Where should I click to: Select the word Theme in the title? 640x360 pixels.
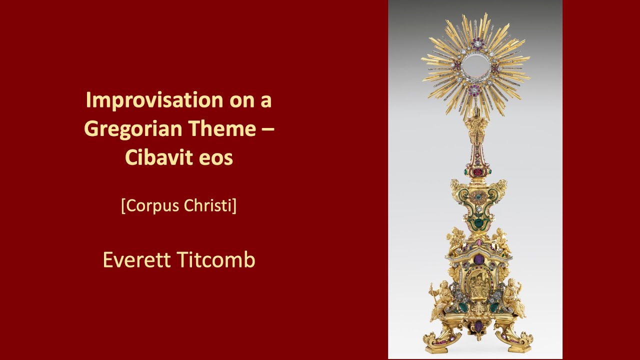pos(220,129)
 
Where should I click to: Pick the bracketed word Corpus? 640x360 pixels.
pos(152,205)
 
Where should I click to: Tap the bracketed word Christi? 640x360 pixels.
pos(211,205)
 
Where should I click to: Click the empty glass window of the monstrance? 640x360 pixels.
pos(475,65)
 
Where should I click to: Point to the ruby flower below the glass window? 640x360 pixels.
pos(475,90)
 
